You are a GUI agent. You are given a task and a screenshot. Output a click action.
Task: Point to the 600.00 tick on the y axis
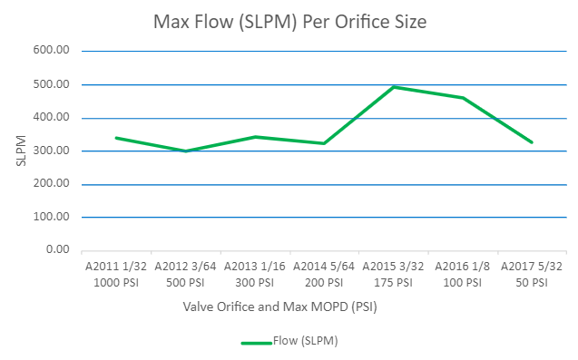click(52, 52)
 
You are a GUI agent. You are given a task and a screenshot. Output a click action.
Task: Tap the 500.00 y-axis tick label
click(52, 84)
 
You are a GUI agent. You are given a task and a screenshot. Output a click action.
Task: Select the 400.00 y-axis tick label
click(52, 118)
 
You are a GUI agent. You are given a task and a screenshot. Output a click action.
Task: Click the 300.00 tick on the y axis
click(52, 151)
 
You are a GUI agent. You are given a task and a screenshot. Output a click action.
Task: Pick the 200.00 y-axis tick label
click(52, 184)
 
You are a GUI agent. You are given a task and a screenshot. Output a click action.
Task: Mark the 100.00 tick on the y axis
click(52, 217)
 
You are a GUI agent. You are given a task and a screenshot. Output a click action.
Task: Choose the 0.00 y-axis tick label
click(56, 249)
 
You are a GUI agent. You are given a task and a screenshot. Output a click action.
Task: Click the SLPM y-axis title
click(21, 151)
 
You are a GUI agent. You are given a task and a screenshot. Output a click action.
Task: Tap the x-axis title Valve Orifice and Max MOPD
click(279, 306)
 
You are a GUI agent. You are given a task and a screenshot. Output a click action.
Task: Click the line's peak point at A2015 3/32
click(394, 87)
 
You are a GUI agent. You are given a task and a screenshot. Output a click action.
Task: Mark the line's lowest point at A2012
click(185, 151)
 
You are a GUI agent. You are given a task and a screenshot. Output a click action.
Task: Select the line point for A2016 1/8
click(463, 98)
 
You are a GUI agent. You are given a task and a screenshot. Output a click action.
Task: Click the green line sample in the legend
click(257, 342)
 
